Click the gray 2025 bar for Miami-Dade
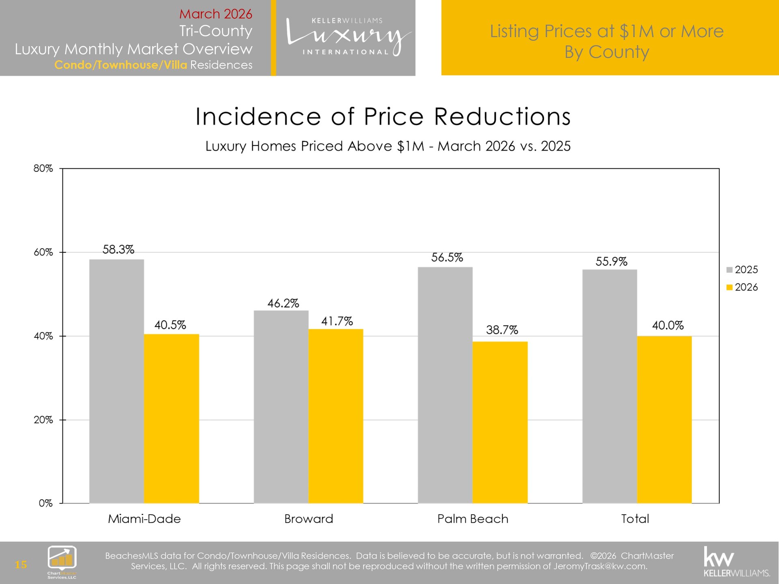(116, 381)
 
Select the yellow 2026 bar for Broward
(336, 416)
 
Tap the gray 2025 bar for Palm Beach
(445, 385)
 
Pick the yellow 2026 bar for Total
(664, 420)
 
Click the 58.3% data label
(118, 249)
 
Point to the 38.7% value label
(502, 330)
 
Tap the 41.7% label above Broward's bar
(337, 321)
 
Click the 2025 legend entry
(742, 270)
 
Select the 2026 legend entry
(742, 287)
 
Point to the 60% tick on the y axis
(43, 252)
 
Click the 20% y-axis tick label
(43, 420)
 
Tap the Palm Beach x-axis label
(473, 519)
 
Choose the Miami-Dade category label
(144, 519)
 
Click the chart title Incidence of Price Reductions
(383, 117)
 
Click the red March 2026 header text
(215, 14)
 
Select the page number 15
(21, 565)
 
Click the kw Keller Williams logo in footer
(736, 562)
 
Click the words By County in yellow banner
(607, 52)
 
